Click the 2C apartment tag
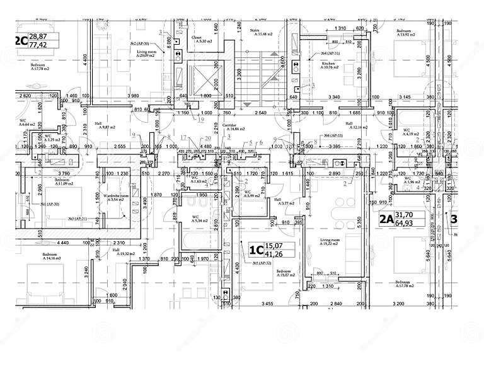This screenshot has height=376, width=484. coord(20,42)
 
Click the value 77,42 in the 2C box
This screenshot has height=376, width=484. coord(38,45)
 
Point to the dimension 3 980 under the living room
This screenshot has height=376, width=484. coord(133,96)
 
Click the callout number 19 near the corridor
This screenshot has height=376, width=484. coord(202,118)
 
